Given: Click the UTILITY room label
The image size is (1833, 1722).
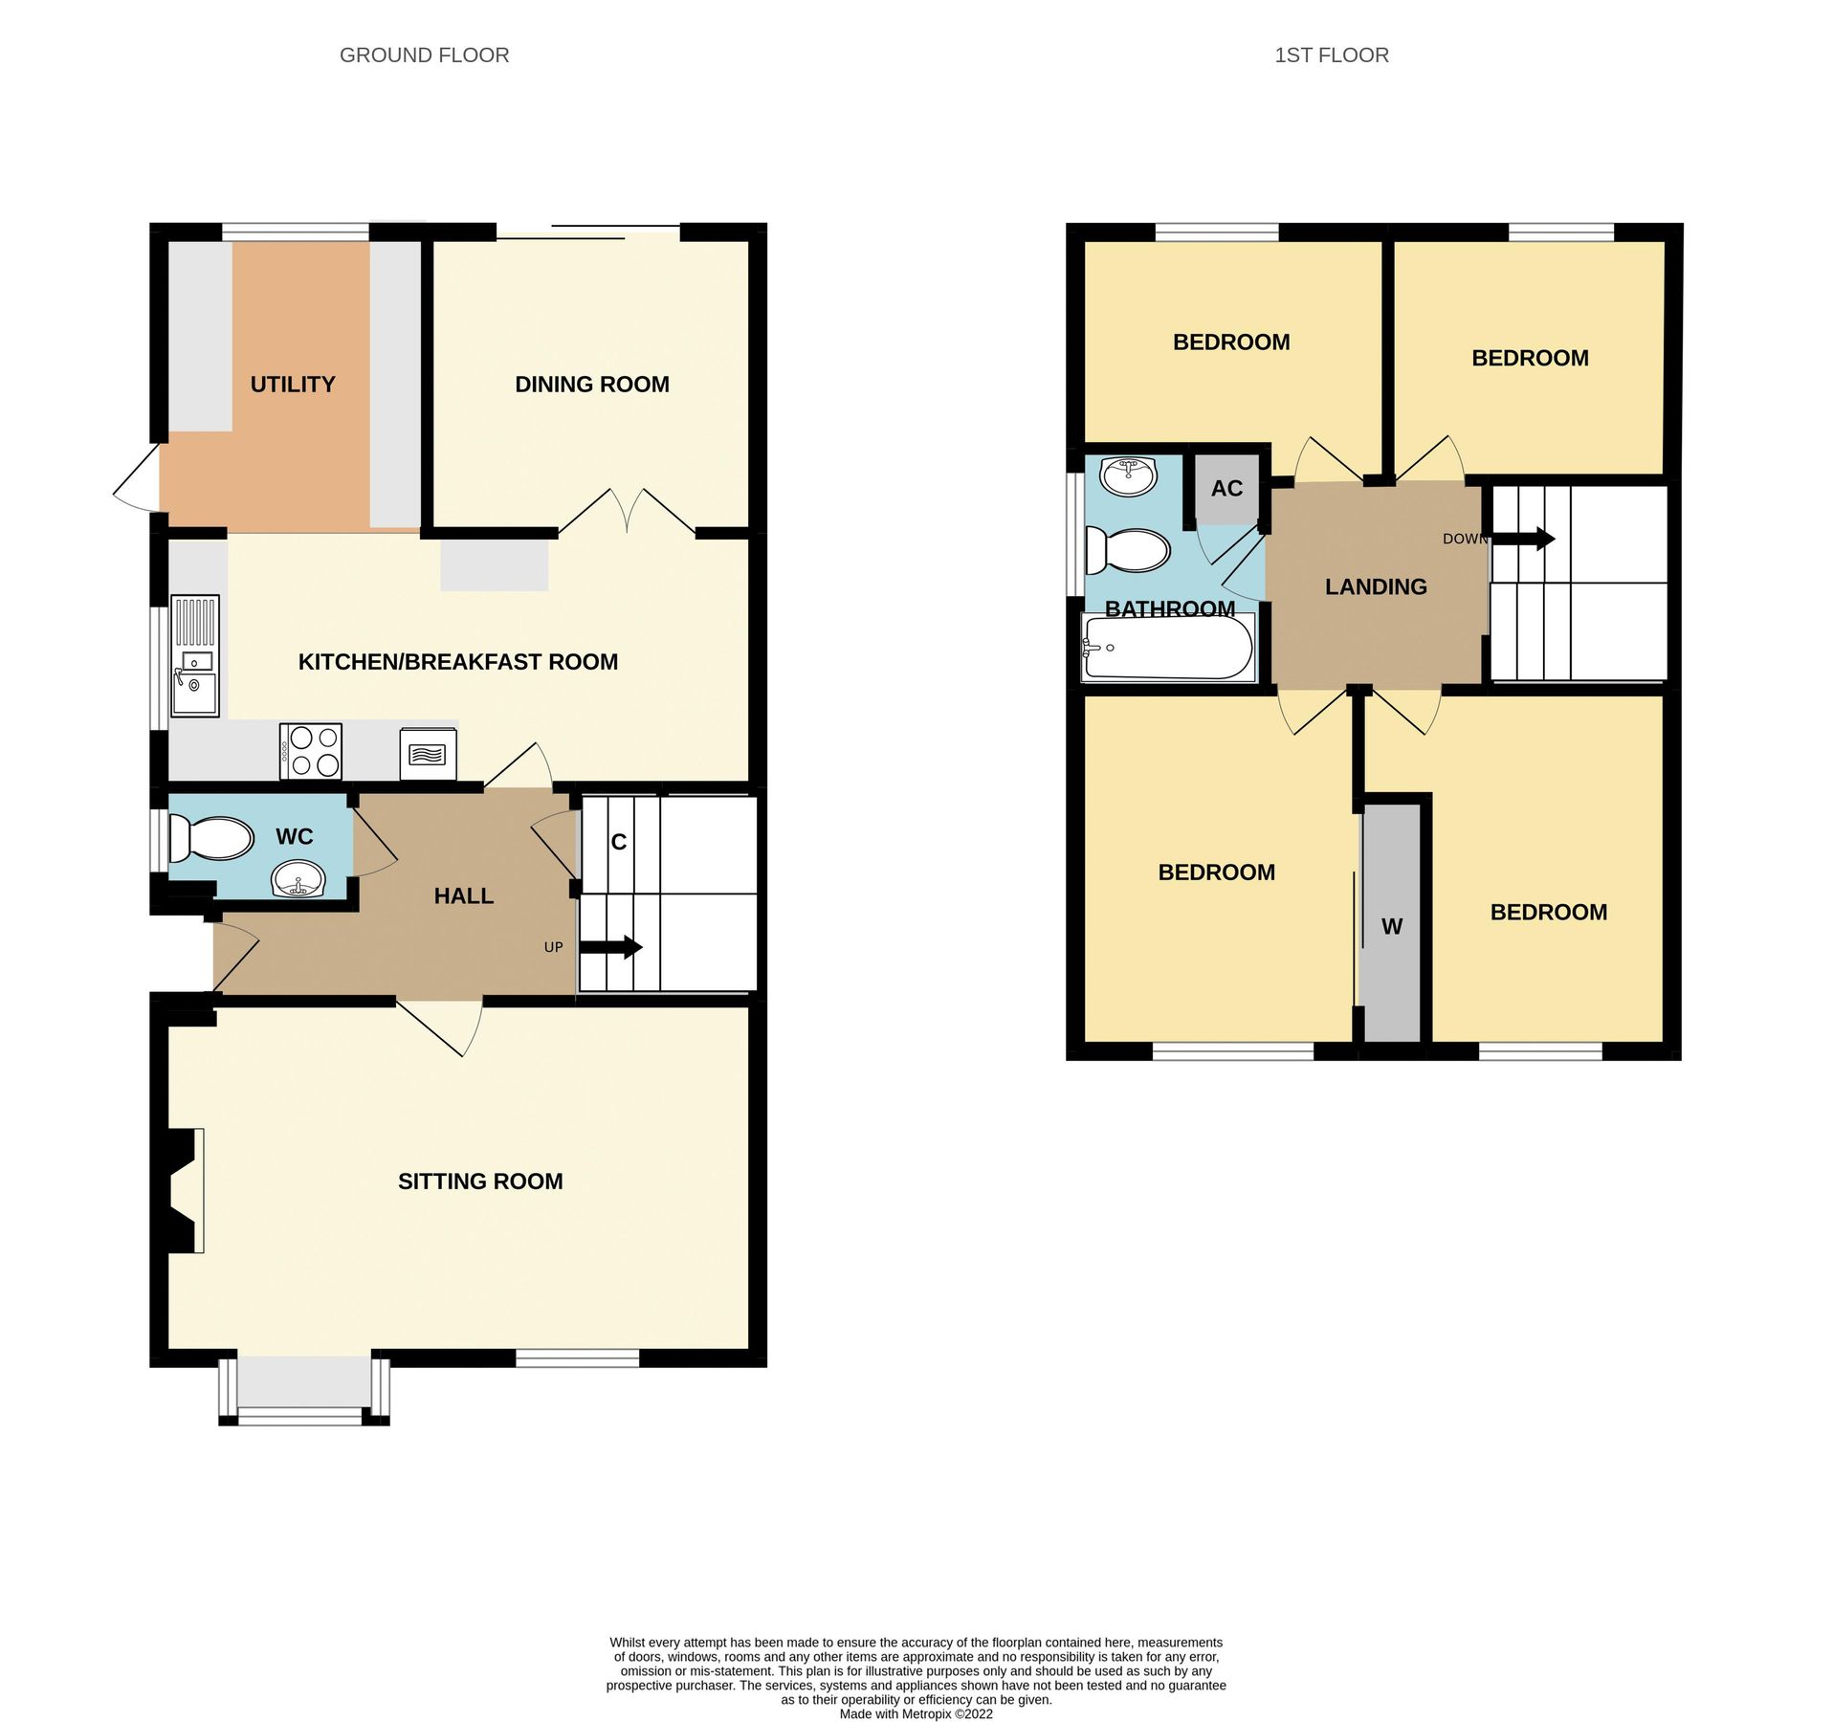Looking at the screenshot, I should click(293, 385).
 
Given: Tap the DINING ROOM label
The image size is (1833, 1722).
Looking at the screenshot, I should click(591, 385).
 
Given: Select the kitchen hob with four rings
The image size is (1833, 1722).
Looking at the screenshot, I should click(311, 751).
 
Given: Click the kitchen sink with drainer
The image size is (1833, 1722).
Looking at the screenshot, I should click(195, 656).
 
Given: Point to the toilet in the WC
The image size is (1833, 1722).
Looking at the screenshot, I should click(211, 839).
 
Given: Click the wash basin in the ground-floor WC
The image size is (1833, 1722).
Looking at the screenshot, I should click(298, 878).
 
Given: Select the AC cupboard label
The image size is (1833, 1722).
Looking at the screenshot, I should click(1226, 489).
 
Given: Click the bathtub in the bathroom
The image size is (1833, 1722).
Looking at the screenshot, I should click(1167, 648).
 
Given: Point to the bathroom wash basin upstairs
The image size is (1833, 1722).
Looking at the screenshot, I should click(1128, 475).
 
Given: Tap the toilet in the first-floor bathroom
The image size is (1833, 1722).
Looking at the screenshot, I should click(1129, 552).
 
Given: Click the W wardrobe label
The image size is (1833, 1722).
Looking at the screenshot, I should click(1392, 926).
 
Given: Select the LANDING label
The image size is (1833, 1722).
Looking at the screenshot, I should click(1376, 587).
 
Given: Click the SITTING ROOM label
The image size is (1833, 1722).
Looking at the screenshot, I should click(480, 1181).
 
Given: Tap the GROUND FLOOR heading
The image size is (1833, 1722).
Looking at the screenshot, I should click(424, 55).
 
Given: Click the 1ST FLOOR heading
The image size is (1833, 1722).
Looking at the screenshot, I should click(1331, 55).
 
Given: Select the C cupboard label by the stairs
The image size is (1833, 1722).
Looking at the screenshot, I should click(619, 842).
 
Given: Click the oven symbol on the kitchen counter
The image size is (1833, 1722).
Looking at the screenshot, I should click(428, 755).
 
